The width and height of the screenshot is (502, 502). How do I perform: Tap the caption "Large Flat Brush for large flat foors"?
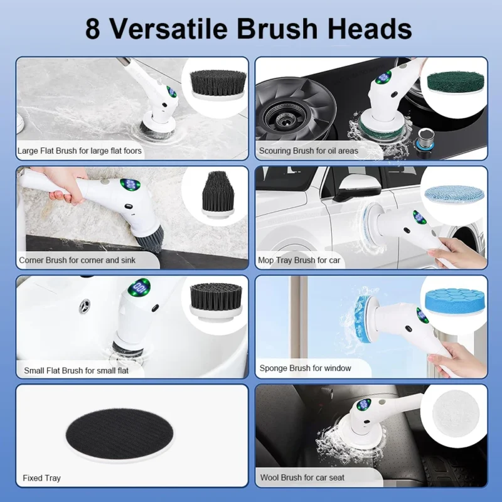click(80, 151)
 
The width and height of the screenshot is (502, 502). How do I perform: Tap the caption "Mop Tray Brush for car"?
click(299, 260)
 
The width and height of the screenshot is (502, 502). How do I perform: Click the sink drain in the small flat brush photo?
click(83, 307)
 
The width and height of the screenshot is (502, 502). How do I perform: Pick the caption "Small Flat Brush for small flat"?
click(76, 370)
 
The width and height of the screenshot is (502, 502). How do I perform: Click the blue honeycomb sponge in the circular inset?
click(453, 300)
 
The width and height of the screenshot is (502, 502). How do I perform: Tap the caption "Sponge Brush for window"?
click(305, 368)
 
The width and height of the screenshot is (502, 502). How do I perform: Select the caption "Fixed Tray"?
click(41, 478)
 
